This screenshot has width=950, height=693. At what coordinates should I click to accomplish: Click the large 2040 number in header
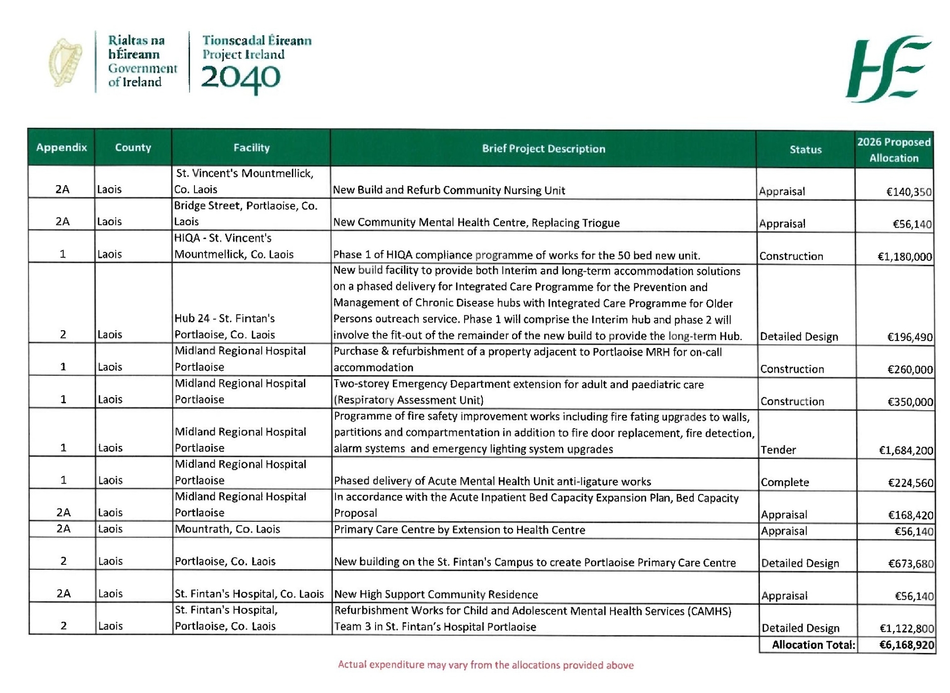coord(240,79)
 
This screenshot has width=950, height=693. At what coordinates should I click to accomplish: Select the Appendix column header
coord(61,148)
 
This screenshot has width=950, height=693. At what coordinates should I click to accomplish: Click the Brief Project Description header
coord(543,148)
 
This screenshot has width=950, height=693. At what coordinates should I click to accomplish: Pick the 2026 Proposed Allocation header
coord(894,150)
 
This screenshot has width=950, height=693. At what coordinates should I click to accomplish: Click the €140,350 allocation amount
coord(909,192)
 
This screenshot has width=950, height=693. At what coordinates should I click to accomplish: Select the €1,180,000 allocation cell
coord(904,256)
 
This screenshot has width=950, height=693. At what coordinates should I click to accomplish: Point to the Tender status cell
coord(778,449)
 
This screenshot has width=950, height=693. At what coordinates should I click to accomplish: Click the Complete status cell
coord(785,482)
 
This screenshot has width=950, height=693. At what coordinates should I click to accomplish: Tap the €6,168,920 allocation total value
coord(906,645)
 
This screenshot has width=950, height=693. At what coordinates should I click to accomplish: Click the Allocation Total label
coord(813,645)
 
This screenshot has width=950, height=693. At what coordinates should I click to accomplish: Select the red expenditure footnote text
coord(485,665)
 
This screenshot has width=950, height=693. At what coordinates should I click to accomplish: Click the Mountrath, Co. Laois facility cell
coord(228,529)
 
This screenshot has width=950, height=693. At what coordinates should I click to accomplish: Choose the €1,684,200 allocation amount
coord(905,450)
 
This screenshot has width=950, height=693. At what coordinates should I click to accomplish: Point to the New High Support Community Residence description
coord(436,594)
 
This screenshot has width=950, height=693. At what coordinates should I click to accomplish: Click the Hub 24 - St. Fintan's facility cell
coord(225,326)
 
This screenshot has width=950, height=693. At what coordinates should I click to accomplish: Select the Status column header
coord(805,149)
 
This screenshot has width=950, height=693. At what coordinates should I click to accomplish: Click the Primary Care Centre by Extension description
coord(459,530)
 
